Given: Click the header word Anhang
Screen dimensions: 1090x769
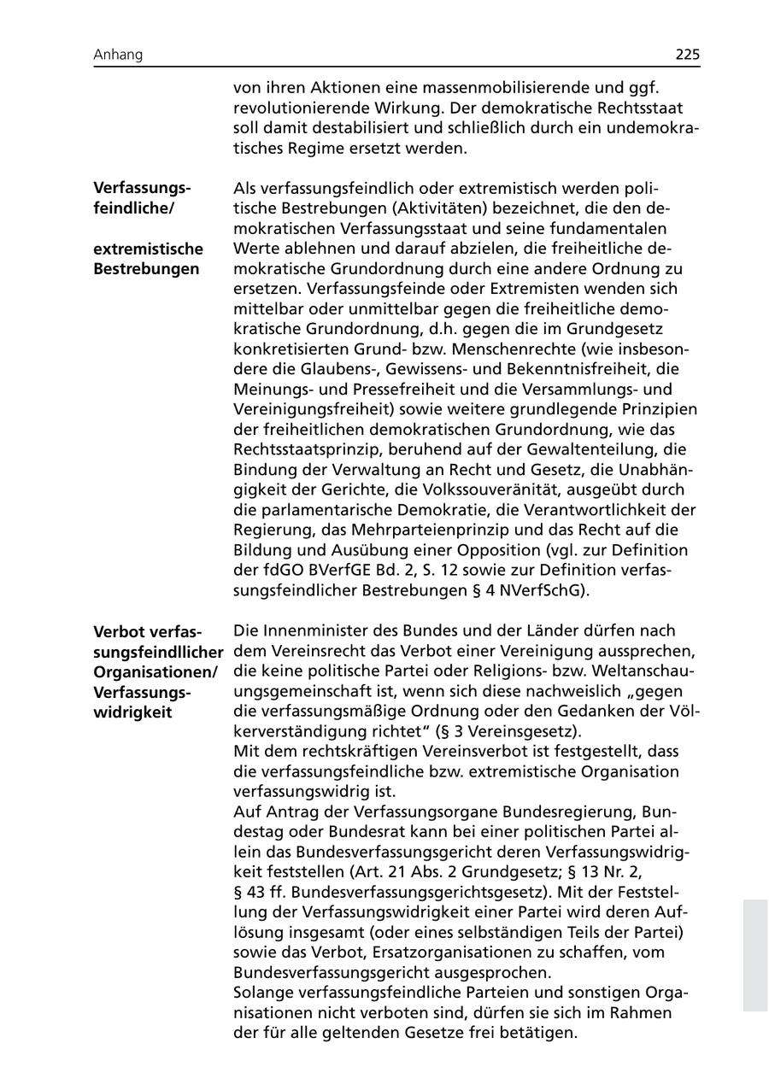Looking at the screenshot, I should (x=118, y=55).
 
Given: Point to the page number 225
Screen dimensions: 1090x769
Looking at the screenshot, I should (x=687, y=55).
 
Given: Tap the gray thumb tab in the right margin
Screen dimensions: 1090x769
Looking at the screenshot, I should (x=755, y=954).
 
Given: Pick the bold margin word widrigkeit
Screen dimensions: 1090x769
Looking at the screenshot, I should (x=132, y=712).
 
